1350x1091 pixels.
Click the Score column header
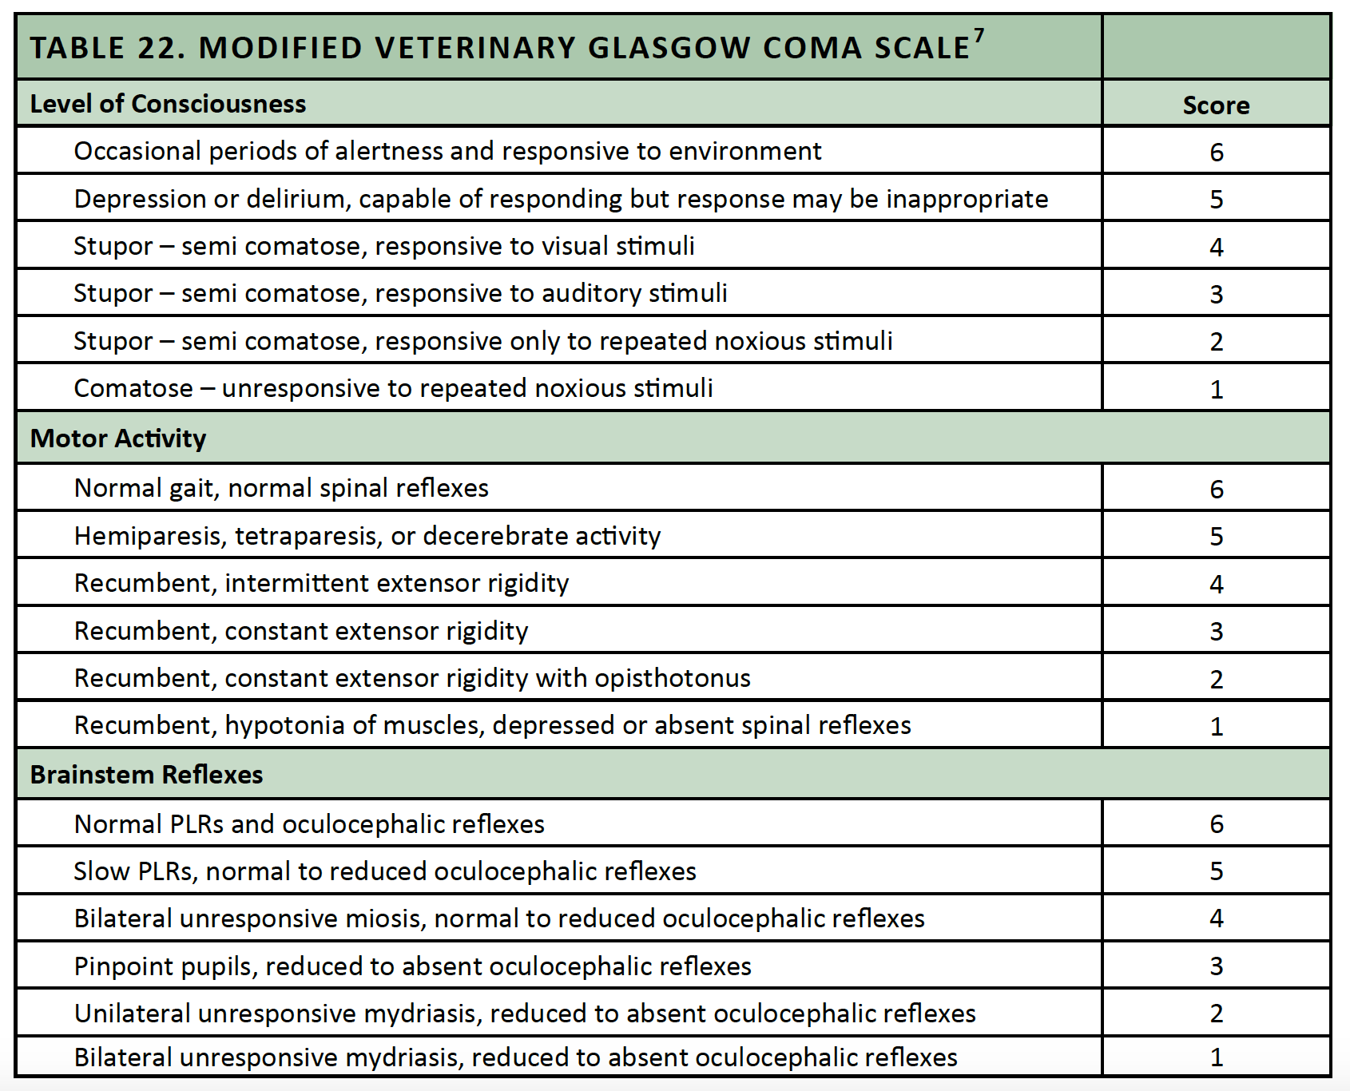coord(1216,105)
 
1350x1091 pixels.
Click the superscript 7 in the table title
coord(979,36)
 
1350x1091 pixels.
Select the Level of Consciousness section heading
coord(168,104)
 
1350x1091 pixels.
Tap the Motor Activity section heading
coord(118,438)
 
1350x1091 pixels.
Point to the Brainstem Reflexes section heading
coord(146,775)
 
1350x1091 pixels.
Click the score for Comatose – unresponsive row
coord(1216,390)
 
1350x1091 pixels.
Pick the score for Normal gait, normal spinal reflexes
coord(1216,489)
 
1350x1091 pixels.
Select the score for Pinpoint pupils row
coord(1216,966)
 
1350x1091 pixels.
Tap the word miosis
coord(383,918)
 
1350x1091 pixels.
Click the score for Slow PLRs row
coord(1216,871)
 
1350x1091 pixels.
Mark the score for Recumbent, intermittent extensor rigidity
coord(1216,584)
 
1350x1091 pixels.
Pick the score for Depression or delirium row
coord(1216,200)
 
